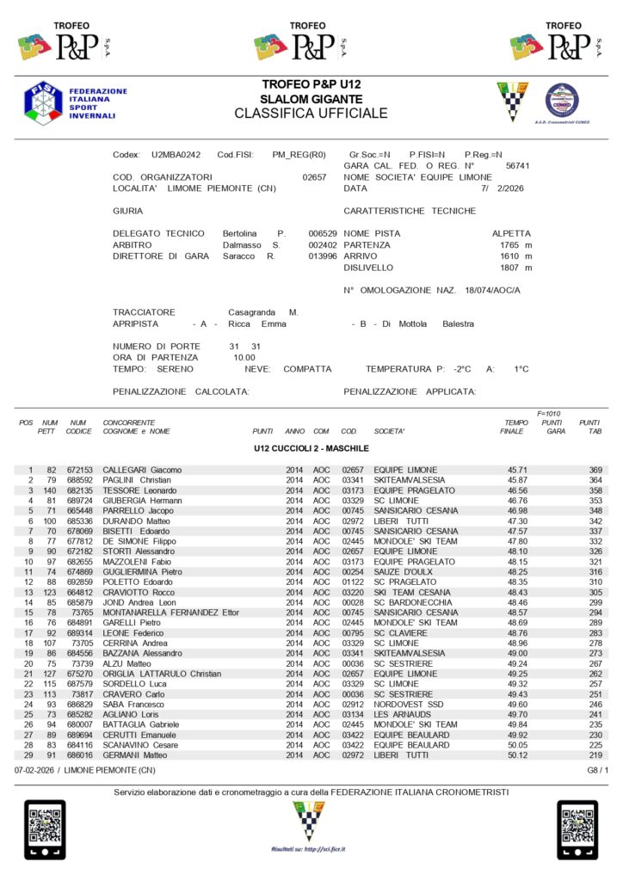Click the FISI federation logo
42,101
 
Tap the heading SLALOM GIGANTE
311,99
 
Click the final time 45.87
517,479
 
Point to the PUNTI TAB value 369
595,470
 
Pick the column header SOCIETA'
389,431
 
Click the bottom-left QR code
44,830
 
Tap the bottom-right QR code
577,830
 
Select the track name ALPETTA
511,234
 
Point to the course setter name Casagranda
252,311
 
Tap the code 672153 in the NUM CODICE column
78,470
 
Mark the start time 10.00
244,357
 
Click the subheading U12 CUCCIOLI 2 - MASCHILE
311,449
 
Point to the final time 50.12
517,755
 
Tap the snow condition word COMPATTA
307,369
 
